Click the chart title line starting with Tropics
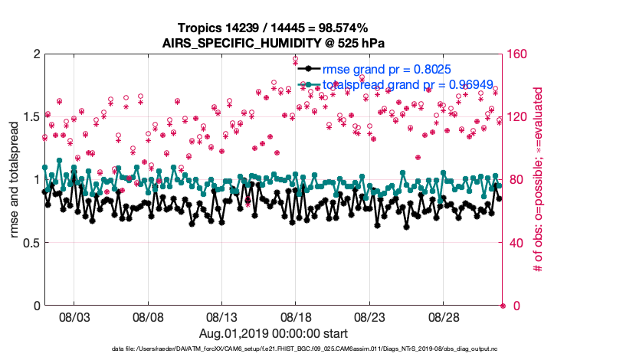[x=273, y=28]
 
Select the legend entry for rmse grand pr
[x=391, y=69]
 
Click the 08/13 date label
[x=222, y=316]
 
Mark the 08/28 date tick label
[x=443, y=316]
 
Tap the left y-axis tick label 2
[x=35, y=54]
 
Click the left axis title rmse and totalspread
[x=13, y=180]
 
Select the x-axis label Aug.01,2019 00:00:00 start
[x=273, y=334]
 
